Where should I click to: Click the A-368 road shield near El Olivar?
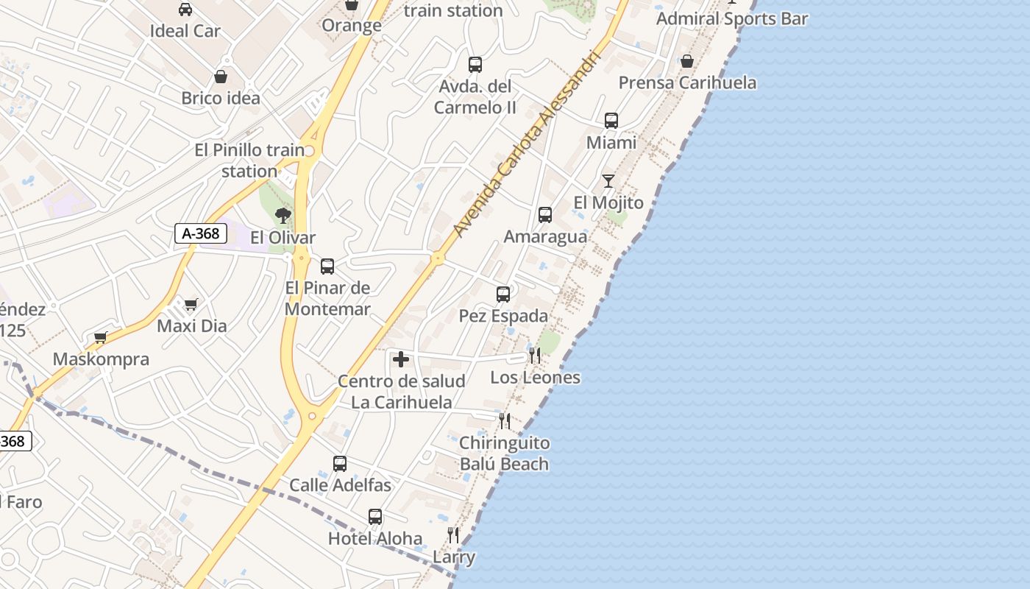click(201, 233)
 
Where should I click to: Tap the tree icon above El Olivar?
click(283, 215)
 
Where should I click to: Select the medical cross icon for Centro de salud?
click(401, 359)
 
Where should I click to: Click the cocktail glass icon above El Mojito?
click(608, 180)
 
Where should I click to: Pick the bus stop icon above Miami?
click(611, 121)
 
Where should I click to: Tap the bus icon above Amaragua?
click(545, 215)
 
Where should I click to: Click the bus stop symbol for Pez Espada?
click(503, 294)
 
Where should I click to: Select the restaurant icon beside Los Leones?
click(535, 356)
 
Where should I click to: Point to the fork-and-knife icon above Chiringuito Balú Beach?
click(505, 421)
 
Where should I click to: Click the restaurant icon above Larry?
click(453, 535)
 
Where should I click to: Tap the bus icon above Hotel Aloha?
click(375, 517)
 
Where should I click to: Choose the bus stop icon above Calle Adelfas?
click(340, 464)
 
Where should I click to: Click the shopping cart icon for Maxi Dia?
click(191, 304)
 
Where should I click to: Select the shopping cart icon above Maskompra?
click(101, 338)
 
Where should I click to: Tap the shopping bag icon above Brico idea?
click(221, 77)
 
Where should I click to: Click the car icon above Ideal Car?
click(185, 10)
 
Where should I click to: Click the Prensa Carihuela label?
click(687, 82)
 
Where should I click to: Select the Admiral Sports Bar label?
click(732, 19)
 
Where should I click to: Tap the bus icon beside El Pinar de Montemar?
click(327, 267)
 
